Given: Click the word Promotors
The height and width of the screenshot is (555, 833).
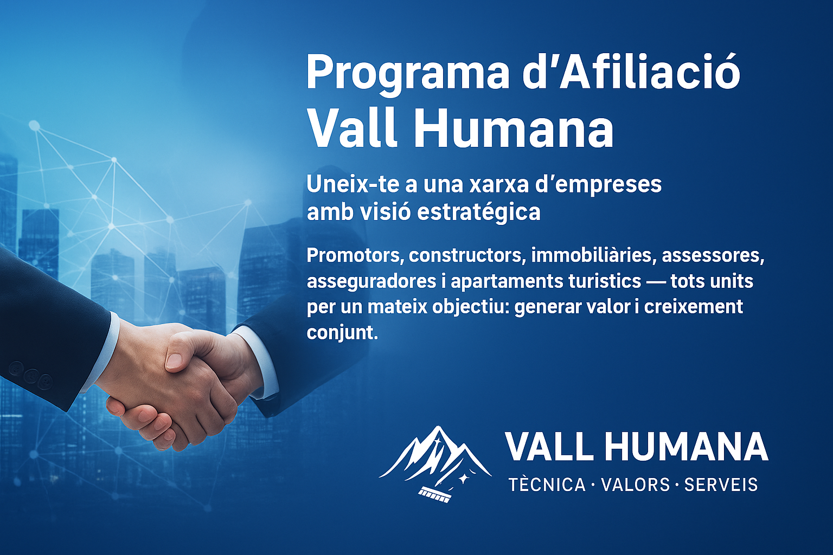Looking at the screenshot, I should point(355,255).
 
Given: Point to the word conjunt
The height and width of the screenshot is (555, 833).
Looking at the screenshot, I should point(342,332).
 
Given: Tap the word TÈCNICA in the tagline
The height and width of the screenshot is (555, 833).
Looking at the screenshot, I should point(547,485).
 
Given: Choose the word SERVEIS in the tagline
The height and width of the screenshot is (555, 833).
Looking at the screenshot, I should point(721,485).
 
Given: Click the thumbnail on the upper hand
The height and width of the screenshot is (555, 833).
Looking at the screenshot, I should point(175,360).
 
